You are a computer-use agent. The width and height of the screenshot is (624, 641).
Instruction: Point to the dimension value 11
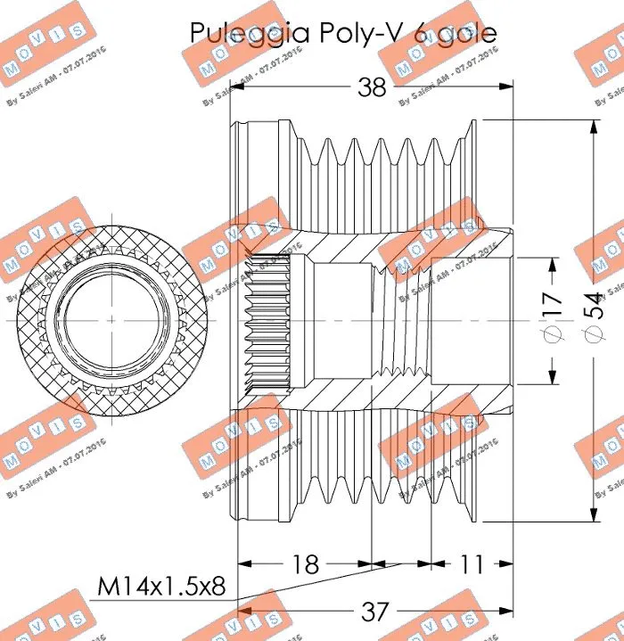click(x=472, y=563)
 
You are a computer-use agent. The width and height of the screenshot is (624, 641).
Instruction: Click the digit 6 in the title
click(x=420, y=33)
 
